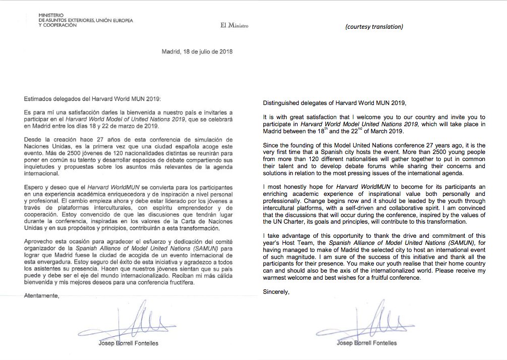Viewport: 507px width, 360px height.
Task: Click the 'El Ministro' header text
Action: pos(235,25)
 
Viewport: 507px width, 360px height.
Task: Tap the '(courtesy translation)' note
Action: pos(374,27)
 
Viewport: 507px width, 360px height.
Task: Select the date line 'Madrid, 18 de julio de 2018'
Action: pos(197,51)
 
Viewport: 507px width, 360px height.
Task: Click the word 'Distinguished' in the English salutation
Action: pos(283,104)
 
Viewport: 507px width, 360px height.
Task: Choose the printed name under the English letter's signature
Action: pos(366,343)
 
